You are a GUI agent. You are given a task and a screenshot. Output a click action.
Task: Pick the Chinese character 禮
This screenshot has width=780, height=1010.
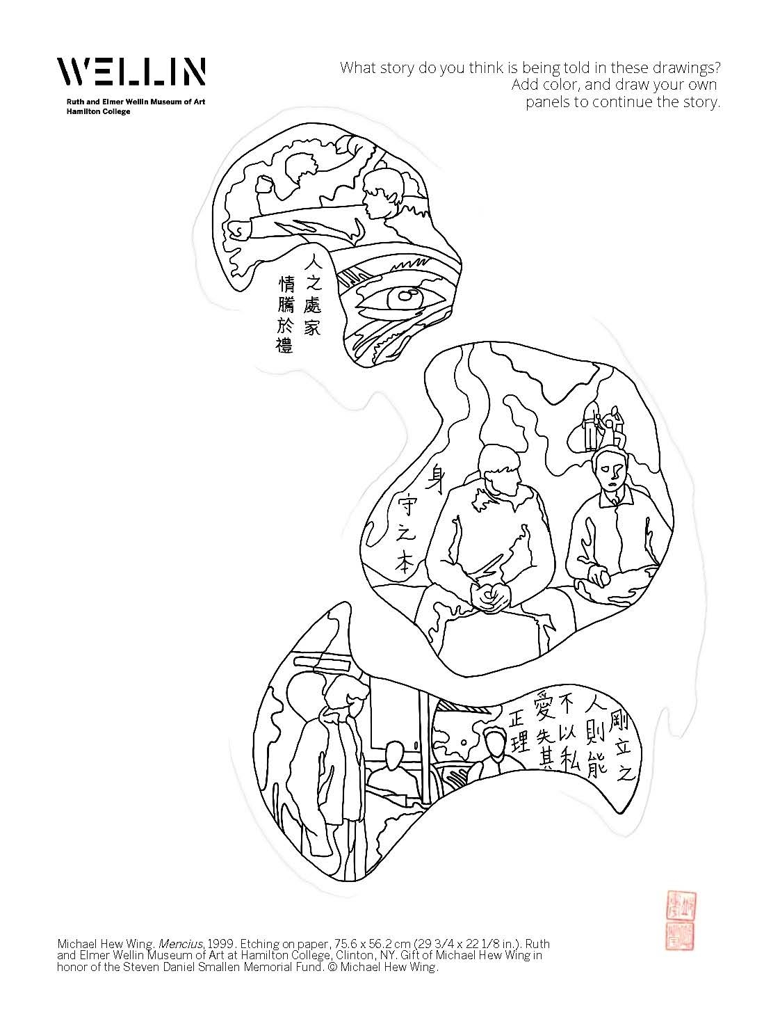[285, 344]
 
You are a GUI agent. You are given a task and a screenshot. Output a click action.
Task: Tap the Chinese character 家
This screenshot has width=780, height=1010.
[312, 326]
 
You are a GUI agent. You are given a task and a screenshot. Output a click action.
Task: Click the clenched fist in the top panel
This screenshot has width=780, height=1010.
[238, 230]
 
